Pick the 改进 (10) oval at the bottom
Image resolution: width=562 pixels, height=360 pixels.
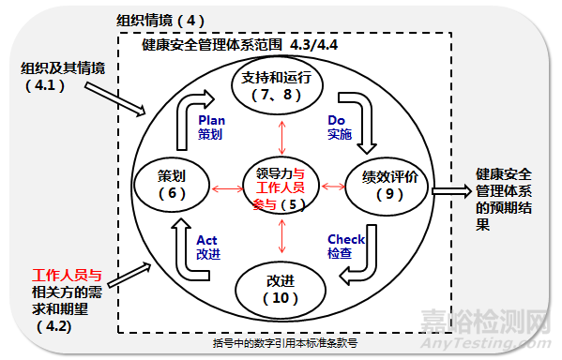(x=280, y=289)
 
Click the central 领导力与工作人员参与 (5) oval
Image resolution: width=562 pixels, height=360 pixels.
(x=279, y=187)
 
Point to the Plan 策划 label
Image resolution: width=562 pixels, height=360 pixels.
(x=211, y=127)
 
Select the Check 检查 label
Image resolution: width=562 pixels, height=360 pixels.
(x=346, y=247)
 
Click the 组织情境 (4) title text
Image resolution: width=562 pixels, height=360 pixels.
(x=160, y=20)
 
